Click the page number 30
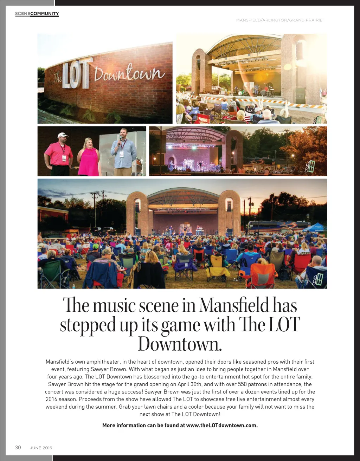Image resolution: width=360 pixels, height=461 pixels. click(x=18, y=447)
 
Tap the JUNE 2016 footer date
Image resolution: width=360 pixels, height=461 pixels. click(x=41, y=448)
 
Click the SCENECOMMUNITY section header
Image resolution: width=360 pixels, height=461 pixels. click(x=37, y=14)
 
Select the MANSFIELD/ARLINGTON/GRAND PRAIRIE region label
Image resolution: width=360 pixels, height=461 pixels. click(x=279, y=20)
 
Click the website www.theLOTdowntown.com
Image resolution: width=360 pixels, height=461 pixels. click(x=222, y=425)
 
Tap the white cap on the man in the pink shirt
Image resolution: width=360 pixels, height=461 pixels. click(x=63, y=135)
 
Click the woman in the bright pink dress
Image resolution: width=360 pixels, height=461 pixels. click(x=88, y=157)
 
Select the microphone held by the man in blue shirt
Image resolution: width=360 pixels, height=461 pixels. click(x=120, y=140)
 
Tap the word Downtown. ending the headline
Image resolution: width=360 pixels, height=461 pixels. click(x=180, y=344)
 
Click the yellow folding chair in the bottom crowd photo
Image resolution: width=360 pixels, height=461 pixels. click(x=217, y=268)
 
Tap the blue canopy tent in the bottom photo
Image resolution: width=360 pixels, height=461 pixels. click(x=314, y=227)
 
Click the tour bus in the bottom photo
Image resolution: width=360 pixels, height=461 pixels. click(x=278, y=227)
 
